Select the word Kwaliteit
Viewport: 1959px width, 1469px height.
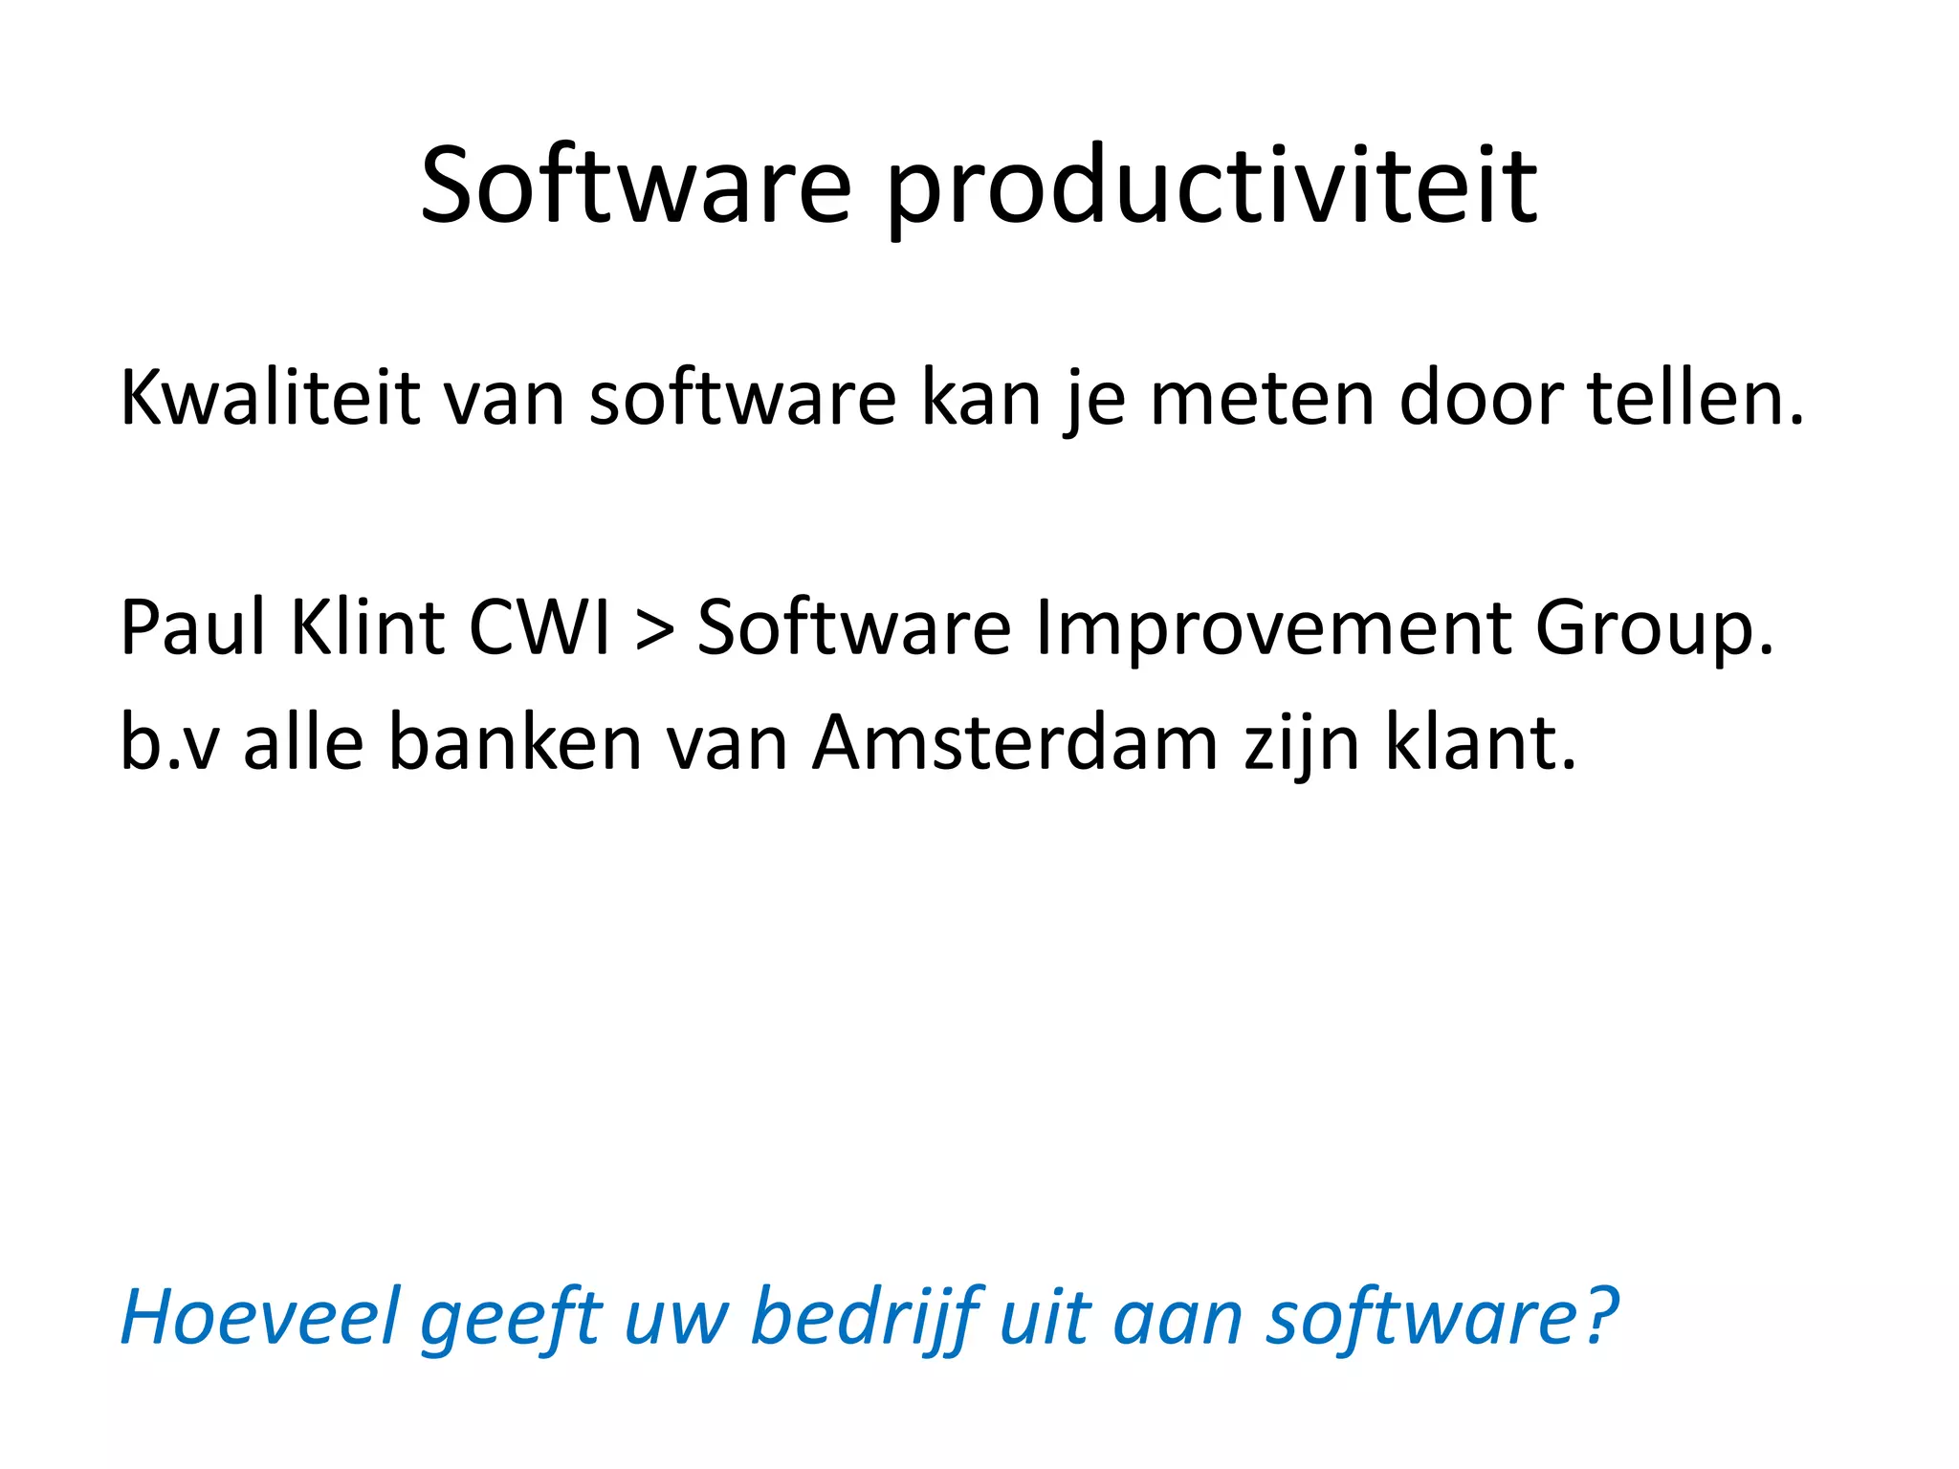270,398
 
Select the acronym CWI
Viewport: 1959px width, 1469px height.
539,627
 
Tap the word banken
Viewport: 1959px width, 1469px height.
515,742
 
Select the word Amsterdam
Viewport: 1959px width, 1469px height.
1015,742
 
